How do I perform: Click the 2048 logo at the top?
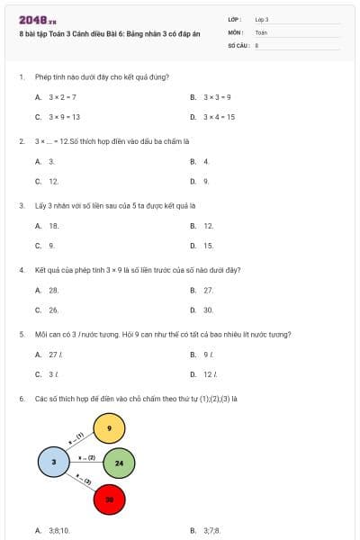pos(38,19)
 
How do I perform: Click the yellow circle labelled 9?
pos(109,428)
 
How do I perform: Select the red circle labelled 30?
pos(109,498)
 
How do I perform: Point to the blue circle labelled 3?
pos(54,462)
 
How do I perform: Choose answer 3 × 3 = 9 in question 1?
pos(216,97)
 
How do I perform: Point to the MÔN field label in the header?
pos(235,31)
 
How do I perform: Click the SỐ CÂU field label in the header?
pos(238,44)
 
